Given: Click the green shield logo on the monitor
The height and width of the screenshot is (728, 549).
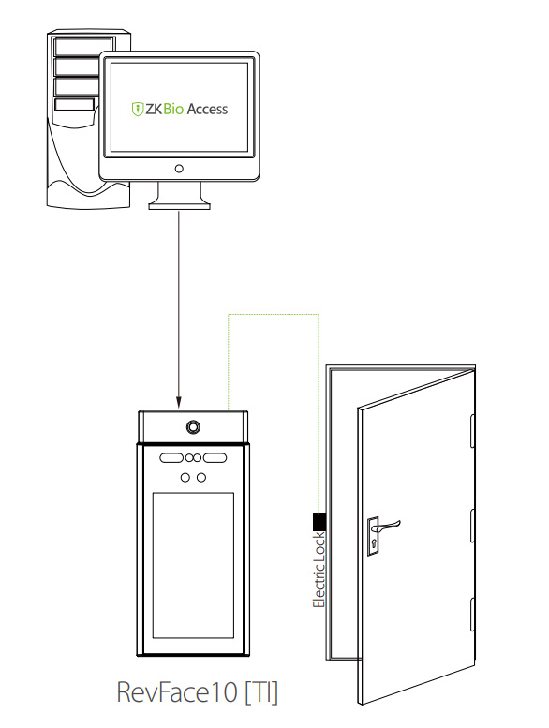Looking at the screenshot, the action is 138,109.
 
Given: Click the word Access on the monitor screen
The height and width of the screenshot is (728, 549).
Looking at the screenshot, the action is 207,109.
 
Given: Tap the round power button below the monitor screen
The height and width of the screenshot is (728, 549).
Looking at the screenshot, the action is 179,169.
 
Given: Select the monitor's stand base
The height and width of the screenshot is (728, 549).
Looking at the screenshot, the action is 179,204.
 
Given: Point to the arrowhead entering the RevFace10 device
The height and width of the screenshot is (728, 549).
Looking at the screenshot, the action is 179,402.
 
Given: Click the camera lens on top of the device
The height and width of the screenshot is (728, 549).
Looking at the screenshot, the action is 193,426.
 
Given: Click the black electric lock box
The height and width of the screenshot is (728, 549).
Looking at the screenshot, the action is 319,522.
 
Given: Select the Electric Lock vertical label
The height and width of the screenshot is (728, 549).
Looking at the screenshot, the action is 319,571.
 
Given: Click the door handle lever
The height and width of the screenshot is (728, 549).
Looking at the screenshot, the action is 389,526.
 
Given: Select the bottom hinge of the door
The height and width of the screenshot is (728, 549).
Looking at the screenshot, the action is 472,614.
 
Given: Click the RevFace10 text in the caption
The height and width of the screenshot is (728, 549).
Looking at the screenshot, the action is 177,691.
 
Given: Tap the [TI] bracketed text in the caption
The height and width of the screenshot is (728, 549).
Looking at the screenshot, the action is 260,692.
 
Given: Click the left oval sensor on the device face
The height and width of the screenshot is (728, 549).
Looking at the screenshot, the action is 171,458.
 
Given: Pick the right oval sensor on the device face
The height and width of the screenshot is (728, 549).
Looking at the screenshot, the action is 215,458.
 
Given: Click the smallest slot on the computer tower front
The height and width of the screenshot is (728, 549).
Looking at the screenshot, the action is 75,105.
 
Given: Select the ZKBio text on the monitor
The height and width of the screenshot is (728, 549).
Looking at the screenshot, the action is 164,109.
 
